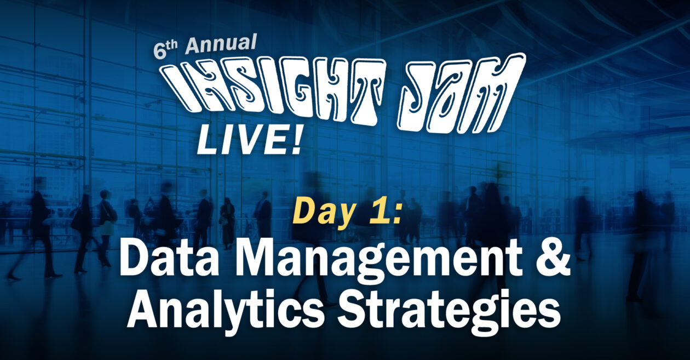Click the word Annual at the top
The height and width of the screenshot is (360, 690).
[220, 44]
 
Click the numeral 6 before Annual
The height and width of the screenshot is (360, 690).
[159, 50]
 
